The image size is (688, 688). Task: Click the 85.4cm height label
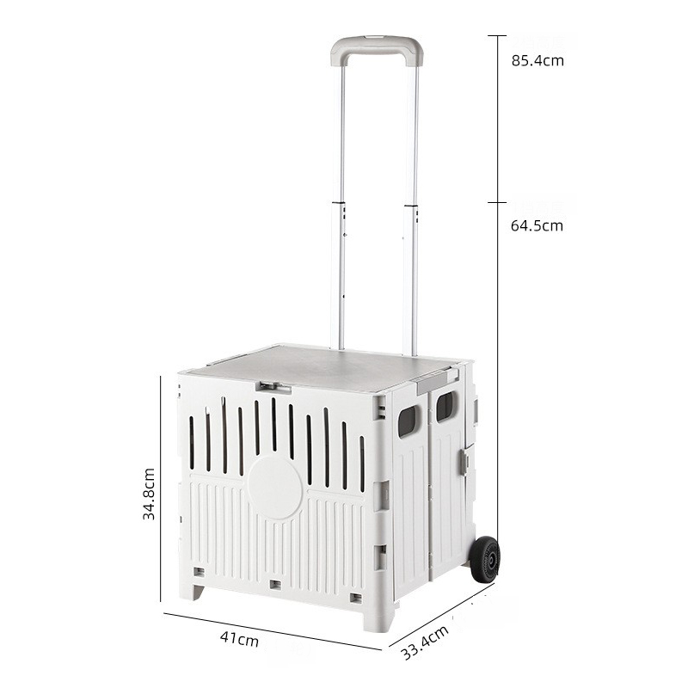coord(537,60)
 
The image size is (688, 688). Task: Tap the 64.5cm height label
coord(537,225)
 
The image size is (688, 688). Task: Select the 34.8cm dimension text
coord(149,494)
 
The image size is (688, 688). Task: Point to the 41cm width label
coord(239,638)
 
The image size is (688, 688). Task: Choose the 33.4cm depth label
coord(425,642)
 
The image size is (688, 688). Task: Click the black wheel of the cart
coord(485,559)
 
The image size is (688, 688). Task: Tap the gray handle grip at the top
coord(377,48)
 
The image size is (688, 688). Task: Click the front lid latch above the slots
coord(273,388)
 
